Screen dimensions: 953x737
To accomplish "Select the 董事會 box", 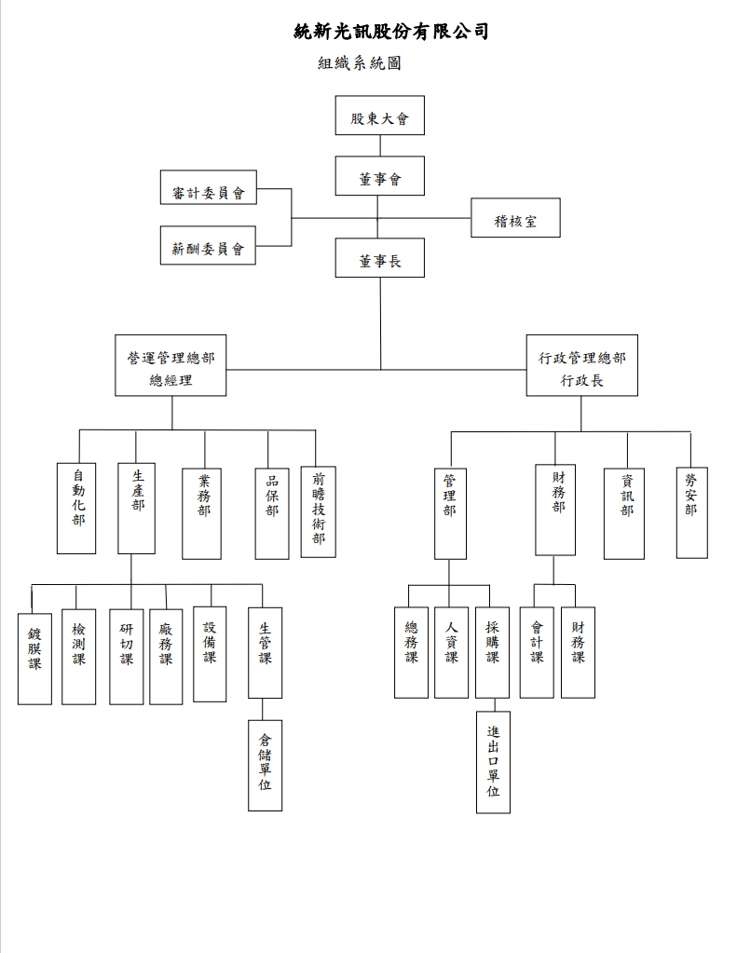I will point(379,176).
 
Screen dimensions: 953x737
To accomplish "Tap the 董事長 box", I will point(379,258).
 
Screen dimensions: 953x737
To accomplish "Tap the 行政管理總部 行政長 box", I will point(581,365).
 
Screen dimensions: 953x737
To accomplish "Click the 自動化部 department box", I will point(76,508).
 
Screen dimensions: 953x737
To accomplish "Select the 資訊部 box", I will point(623,512).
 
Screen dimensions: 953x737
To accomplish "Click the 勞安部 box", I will point(691,511).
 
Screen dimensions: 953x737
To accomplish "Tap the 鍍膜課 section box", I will point(34,657).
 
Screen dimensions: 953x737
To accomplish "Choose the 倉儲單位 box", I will point(265,764).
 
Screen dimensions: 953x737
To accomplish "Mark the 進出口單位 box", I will point(493,761).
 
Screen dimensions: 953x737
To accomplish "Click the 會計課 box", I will point(537,651).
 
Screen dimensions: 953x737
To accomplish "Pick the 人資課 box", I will point(451,651).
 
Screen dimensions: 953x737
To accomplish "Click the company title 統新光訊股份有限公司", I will point(390,32).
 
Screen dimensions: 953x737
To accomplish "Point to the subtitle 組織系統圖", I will point(359,64).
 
